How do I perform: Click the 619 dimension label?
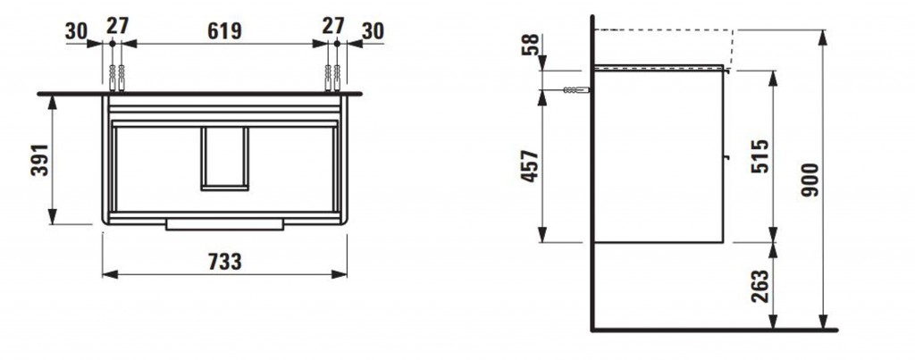point(224,31)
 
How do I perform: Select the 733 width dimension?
point(224,263)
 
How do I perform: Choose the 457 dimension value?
point(530,166)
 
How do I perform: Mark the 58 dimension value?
point(529,45)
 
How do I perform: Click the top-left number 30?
point(77,31)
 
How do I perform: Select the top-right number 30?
point(373,31)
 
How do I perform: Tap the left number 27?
point(117,26)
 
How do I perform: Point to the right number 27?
point(333,26)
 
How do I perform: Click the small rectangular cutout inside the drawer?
point(224,158)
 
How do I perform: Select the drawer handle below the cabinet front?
point(224,224)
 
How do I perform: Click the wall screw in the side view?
point(576,90)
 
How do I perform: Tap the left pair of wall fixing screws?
point(117,79)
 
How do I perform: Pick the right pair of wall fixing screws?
point(332,79)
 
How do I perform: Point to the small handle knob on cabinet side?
point(726,156)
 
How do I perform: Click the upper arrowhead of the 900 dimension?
point(823,38)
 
